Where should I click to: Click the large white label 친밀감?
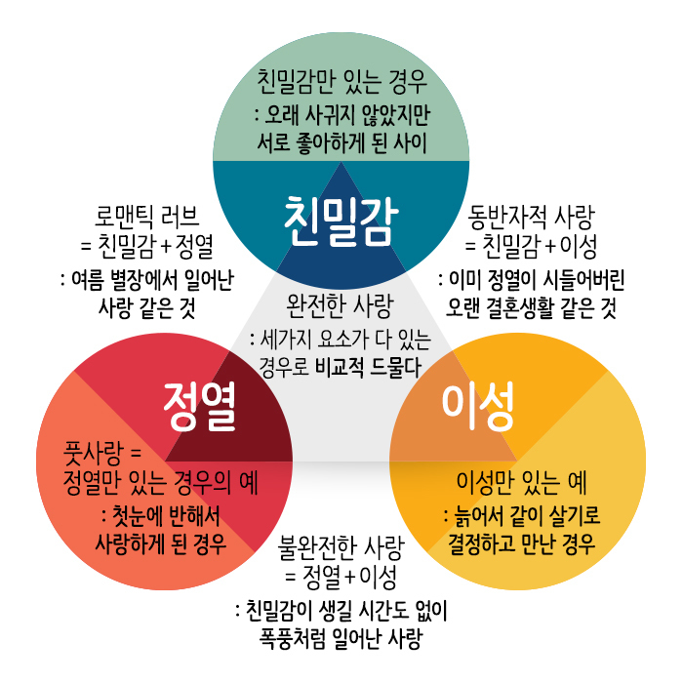coord(341,221)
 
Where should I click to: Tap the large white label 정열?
coord(199,406)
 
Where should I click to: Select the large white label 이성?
coord(478,406)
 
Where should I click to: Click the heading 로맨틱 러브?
coord(146,217)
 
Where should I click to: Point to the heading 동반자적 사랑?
coord(531,217)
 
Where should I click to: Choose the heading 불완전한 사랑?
coord(341,548)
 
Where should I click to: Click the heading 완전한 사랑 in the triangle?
coord(340,306)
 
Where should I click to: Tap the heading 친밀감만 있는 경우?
coord(341,81)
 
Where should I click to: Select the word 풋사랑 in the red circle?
coord(94,453)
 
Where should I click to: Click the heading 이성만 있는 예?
coord(521,483)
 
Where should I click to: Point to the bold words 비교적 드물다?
coord(368,367)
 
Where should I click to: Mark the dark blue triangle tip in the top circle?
coord(341,163)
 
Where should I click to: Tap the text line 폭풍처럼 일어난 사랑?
coord(341,639)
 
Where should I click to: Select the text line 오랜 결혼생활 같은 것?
coord(531,308)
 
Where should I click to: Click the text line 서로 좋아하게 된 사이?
coord(341,142)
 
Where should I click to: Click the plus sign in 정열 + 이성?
coord(350,577)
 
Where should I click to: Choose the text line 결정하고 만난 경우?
coord(521,543)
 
